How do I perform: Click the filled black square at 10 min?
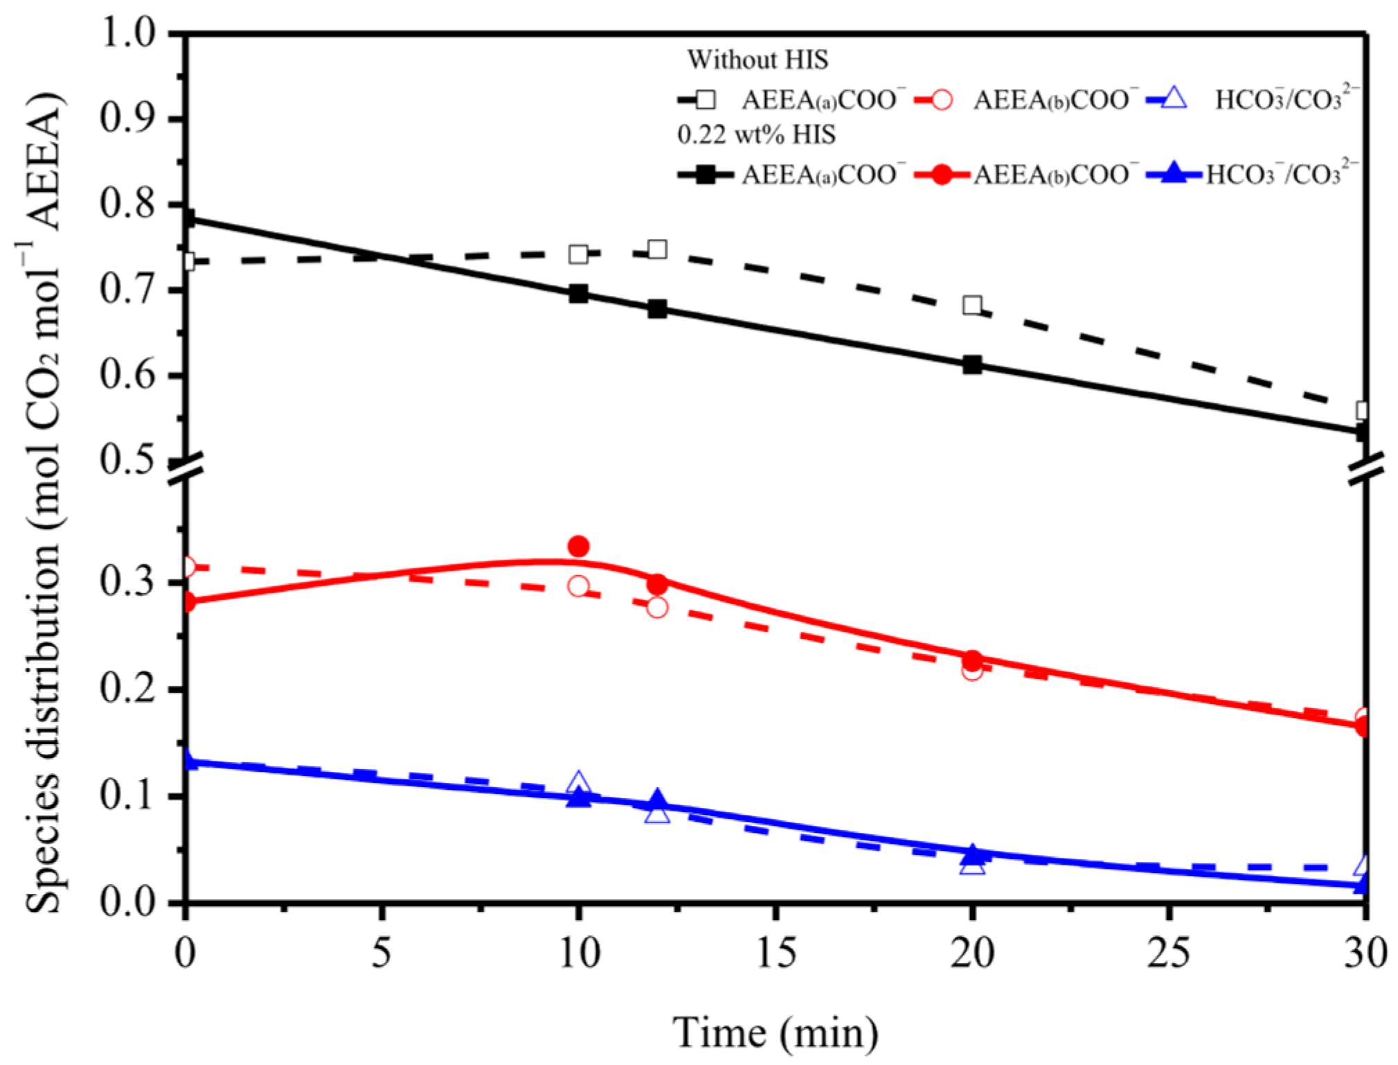578,294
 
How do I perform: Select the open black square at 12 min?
657,249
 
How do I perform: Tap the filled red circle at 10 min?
578,547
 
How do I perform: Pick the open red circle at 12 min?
657,608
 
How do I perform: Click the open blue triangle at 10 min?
578,783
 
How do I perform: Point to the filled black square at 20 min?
972,364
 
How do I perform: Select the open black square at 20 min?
972,305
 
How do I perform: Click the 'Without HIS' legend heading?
757,60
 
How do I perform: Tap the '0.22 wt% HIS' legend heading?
756,134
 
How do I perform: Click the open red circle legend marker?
941,100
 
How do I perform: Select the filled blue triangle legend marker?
1173,173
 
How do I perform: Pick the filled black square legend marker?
706,175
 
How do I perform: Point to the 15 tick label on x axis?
776,953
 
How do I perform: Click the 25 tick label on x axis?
1169,953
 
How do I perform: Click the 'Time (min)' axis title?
776,1033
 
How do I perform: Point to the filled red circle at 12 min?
657,584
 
